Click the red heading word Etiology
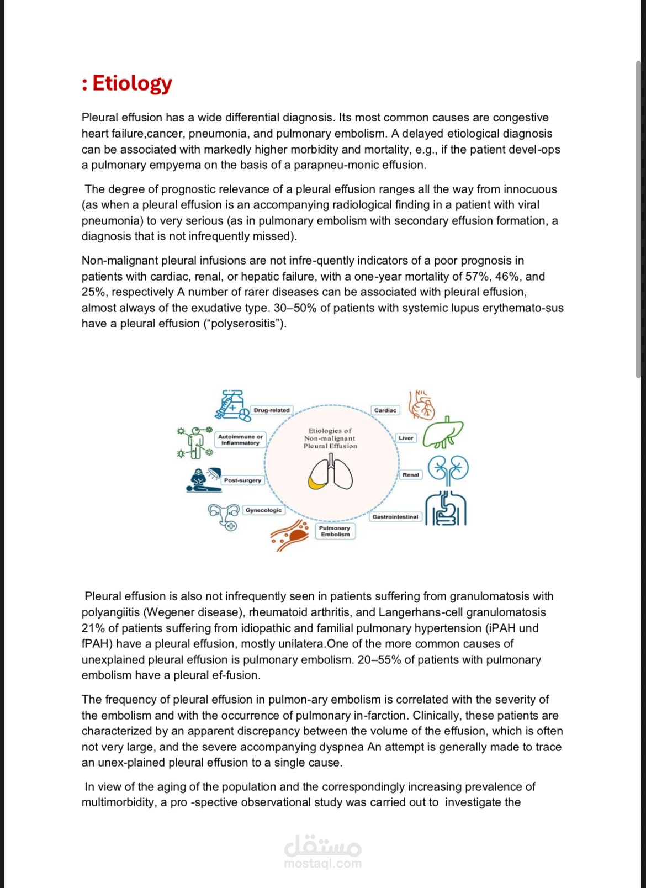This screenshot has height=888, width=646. [x=132, y=83]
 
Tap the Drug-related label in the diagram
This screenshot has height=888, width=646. [x=271, y=410]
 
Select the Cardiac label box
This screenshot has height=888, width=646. [x=385, y=410]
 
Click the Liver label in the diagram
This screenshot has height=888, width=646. [x=406, y=438]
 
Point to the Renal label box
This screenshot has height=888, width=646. [x=411, y=474]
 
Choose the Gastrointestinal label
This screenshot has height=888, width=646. [x=395, y=517]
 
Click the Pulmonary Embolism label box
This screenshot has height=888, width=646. [x=335, y=531]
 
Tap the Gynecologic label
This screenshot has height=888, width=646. [x=263, y=510]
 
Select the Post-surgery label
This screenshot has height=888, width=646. [x=242, y=480]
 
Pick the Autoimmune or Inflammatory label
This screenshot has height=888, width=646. [x=240, y=440]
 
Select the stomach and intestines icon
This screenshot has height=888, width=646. [x=446, y=509]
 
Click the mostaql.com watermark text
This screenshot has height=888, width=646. [x=322, y=864]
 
